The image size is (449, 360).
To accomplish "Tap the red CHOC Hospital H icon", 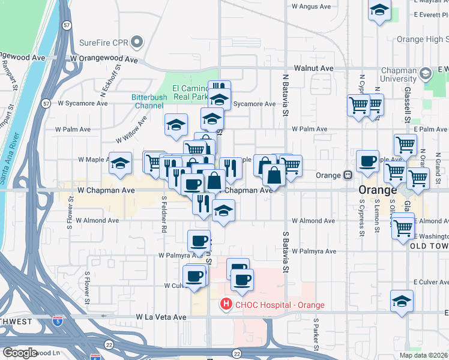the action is click(226, 305).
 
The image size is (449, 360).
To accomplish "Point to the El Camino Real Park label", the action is click(190, 92).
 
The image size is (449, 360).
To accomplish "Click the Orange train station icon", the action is click(348, 175).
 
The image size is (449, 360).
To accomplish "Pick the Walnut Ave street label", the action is click(313, 68).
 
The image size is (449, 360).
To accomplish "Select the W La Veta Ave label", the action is click(161, 316).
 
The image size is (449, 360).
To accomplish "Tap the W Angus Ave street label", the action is click(311, 7).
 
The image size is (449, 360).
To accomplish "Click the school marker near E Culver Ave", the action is click(402, 300).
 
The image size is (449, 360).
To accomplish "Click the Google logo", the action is click(20, 353).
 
